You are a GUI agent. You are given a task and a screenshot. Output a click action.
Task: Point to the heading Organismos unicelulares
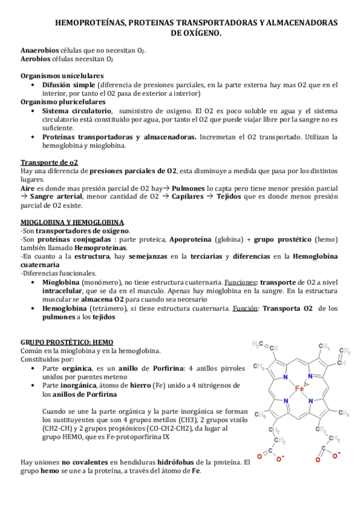62,76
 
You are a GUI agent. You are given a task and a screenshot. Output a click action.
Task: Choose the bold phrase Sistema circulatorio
77,111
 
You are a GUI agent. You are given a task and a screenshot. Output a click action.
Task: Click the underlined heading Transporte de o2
49,162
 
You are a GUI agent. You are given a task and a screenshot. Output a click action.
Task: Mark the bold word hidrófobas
180,462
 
